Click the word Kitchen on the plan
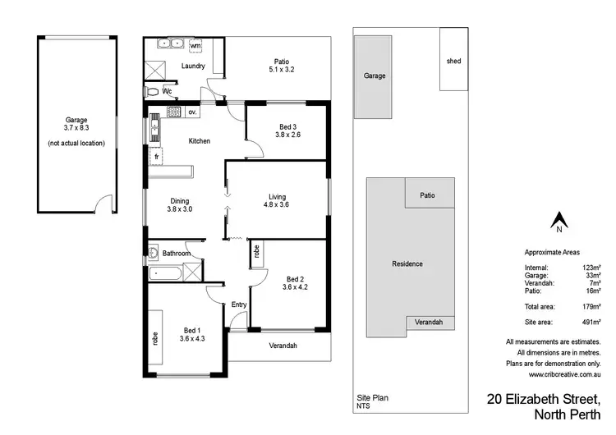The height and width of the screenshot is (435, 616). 200,141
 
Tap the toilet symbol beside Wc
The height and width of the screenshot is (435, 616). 153,91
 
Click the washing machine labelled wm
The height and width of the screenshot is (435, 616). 196,45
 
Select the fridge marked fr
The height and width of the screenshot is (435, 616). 156,156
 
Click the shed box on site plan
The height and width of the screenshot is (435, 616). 453,60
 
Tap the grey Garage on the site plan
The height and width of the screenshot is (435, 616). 375,75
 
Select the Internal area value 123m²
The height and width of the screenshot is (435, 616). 591,268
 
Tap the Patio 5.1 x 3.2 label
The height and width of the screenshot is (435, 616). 281,66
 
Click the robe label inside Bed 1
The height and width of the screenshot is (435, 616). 154,338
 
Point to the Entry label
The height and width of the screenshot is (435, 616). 238,305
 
